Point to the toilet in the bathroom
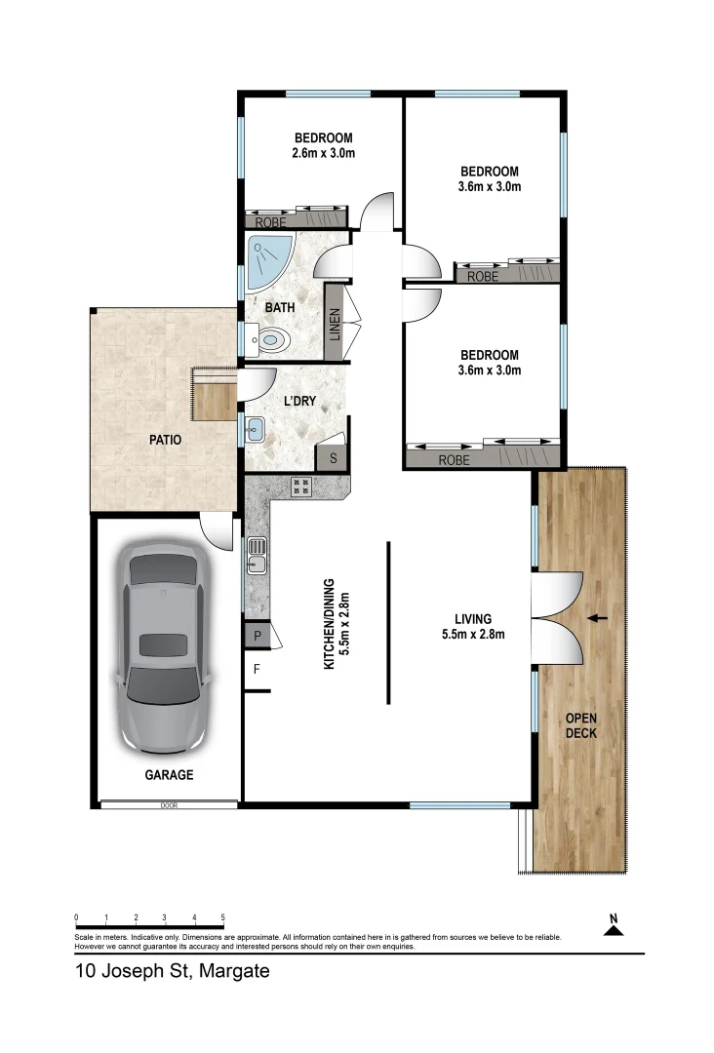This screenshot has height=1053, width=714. (x=274, y=341)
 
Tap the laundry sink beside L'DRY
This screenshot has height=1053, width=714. (x=254, y=426)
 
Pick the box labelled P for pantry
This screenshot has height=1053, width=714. (x=258, y=635)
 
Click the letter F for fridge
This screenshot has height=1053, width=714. (x=258, y=670)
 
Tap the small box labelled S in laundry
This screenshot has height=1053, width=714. (x=333, y=457)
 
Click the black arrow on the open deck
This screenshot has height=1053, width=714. (x=597, y=618)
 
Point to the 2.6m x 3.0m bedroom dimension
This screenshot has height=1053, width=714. (x=323, y=153)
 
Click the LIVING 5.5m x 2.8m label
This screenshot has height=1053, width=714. (x=472, y=626)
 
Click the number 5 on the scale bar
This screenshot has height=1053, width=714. (x=223, y=917)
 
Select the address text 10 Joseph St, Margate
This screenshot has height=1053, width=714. (x=172, y=972)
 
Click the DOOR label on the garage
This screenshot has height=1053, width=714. (x=170, y=805)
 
